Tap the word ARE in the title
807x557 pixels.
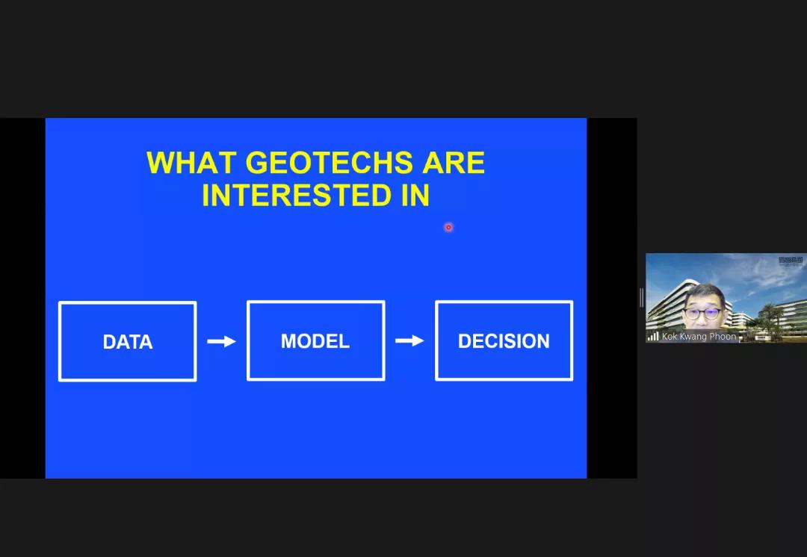454,163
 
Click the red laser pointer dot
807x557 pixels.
448,227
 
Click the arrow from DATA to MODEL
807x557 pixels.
221,341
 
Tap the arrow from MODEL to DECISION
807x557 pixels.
409,340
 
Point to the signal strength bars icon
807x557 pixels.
653,336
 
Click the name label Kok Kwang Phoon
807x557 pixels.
699,336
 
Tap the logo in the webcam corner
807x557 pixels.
791,261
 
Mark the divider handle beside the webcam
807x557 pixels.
642,298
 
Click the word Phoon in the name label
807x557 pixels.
723,336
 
